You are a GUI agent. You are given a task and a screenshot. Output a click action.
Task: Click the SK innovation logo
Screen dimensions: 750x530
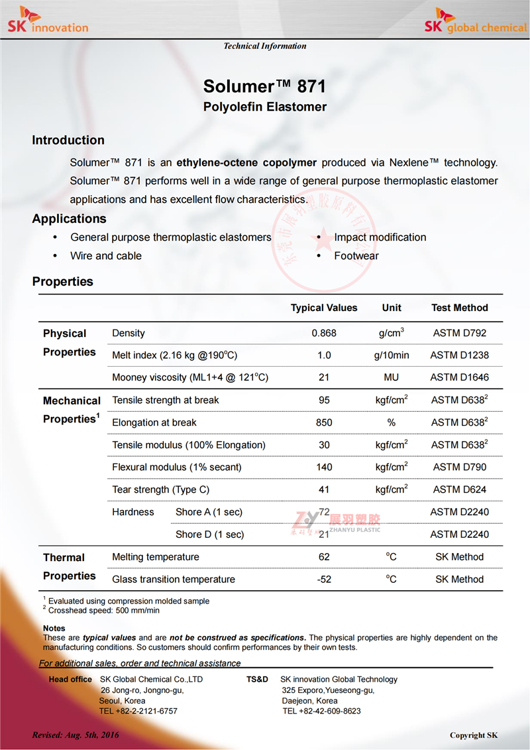click(x=47, y=19)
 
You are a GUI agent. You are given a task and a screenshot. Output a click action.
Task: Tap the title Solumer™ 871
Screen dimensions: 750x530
click(x=264, y=87)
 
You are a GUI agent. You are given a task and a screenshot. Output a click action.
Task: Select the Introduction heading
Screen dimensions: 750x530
click(x=68, y=140)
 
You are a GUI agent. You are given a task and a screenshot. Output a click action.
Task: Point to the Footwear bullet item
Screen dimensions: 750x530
click(x=356, y=256)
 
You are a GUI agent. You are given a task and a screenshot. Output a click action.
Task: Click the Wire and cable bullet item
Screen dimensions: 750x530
click(x=106, y=256)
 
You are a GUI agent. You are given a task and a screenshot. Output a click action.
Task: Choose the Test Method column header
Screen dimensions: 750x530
click(x=459, y=308)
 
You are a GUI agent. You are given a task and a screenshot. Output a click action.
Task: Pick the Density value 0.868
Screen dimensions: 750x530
click(x=324, y=333)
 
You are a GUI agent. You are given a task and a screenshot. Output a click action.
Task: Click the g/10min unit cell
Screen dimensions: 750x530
click(x=392, y=355)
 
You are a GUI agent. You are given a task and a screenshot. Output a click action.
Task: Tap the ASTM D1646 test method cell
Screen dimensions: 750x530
click(x=459, y=378)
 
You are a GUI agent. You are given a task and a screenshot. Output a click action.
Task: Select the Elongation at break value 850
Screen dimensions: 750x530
click(x=324, y=422)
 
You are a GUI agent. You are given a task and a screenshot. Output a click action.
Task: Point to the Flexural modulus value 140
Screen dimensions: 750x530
click(x=324, y=468)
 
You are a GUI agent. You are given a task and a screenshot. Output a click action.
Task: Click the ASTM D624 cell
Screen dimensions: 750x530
click(x=459, y=490)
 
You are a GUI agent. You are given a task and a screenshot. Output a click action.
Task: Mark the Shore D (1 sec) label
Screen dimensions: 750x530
click(x=209, y=534)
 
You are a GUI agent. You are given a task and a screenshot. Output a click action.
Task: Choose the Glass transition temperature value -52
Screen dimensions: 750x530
click(x=324, y=580)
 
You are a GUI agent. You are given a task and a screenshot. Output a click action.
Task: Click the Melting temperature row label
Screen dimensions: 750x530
click(x=156, y=557)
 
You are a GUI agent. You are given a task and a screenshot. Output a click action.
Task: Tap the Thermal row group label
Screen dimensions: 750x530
click(x=64, y=558)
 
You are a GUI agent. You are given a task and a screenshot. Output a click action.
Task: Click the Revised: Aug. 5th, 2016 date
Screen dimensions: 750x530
click(x=76, y=735)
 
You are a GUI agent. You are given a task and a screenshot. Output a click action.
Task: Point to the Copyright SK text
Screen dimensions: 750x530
click(x=474, y=735)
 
